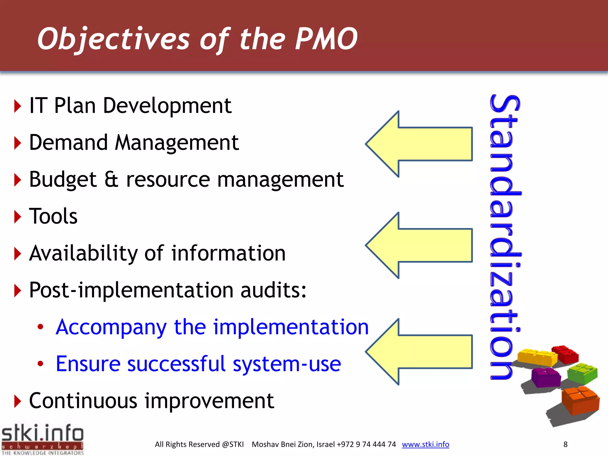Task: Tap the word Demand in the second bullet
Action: tap(68, 142)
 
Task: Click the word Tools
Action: tap(53, 216)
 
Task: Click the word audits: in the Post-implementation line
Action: tap(273, 290)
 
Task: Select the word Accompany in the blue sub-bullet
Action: tap(111, 327)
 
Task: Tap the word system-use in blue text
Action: tap(286, 364)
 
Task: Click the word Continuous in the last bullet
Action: tap(83, 401)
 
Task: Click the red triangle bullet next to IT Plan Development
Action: tap(18, 106)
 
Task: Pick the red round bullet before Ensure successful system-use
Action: tap(40, 363)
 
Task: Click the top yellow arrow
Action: tap(422, 144)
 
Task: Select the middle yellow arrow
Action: tap(422, 246)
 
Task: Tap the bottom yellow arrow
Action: tap(422, 352)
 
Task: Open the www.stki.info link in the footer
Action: tap(425, 444)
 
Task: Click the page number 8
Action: tap(565, 444)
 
